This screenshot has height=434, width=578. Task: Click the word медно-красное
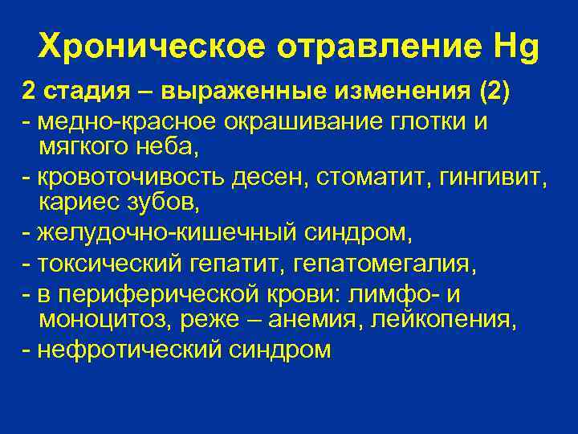point(112,121)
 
